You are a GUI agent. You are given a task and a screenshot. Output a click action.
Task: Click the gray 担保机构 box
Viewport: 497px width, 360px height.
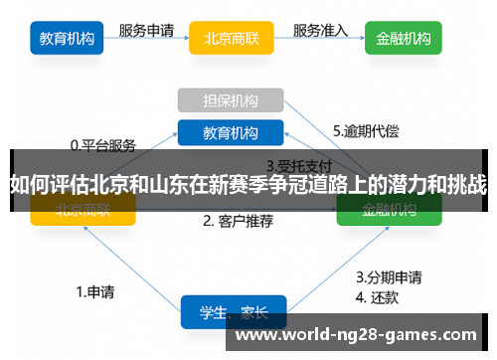tap(231, 100)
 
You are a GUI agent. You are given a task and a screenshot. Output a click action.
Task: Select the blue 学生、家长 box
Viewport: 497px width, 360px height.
tap(233, 312)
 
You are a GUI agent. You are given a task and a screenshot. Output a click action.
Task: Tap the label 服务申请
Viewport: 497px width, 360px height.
tap(147, 30)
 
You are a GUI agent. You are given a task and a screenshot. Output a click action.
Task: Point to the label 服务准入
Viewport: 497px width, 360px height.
tap(321, 30)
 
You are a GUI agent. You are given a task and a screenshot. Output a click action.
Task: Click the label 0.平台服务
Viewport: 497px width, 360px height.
tap(102, 144)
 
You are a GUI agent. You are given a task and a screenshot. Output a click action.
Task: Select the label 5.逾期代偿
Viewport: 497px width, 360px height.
tap(366, 130)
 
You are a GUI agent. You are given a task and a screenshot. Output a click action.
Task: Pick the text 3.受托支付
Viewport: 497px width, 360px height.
tap(298, 165)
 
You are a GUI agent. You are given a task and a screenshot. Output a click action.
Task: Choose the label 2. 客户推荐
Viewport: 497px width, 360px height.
tap(238, 221)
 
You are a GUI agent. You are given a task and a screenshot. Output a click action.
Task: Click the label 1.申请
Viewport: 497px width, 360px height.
tap(95, 292)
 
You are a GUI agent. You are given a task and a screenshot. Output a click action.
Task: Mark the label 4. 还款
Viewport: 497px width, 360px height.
tap(378, 295)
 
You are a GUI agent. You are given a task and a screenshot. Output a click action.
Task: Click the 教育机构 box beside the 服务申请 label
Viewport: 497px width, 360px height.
tap(68, 40)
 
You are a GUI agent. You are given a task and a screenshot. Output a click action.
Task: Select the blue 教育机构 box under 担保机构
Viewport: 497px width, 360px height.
tap(231, 133)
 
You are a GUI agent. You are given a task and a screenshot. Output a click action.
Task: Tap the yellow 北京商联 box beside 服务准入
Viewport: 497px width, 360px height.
tap(231, 40)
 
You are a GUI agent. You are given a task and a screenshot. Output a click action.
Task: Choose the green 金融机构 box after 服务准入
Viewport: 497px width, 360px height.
tap(404, 40)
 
